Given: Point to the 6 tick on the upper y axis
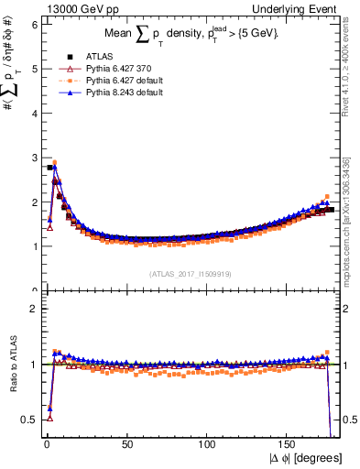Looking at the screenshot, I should tap(33, 25).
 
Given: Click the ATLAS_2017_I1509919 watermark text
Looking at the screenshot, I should tap(191, 273).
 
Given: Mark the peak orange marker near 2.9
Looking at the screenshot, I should tap(54, 162).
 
